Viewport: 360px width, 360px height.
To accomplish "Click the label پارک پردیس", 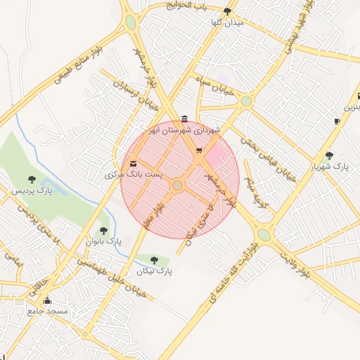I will coord(32,191).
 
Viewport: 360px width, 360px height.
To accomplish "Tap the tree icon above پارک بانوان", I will coord(104,230).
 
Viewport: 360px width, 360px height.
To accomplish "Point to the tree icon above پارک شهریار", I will coord(329,155).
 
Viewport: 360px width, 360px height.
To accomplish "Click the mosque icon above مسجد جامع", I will coord(48,300).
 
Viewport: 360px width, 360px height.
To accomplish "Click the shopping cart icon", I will coord(198,150).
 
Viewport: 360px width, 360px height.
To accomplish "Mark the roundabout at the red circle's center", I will coord(178,185).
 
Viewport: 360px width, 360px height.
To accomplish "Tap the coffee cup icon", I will coord(337,121).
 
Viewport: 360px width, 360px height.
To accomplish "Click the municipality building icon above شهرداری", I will coord(184,118).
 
